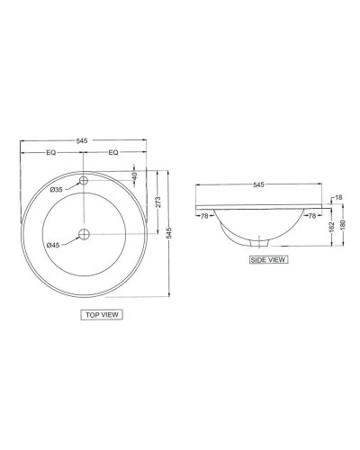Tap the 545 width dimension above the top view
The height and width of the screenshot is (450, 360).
pos(82,141)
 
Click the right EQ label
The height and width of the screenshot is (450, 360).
pos(112,154)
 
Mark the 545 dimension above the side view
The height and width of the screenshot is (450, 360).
pos(258,185)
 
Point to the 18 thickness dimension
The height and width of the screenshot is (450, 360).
pos(337,197)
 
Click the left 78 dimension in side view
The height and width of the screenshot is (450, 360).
pos(205,215)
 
